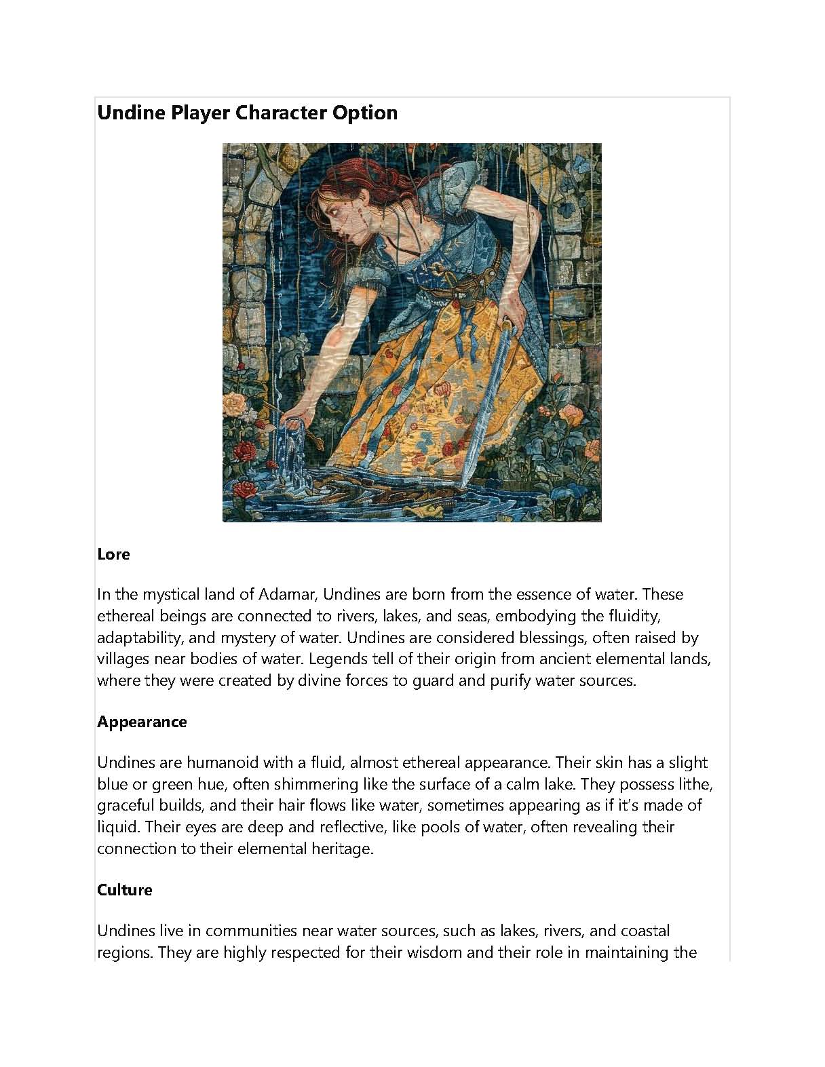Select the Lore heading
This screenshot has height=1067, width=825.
coord(113,554)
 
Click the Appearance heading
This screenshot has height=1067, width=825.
coord(142,722)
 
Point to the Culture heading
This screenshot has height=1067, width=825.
coord(124,890)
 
